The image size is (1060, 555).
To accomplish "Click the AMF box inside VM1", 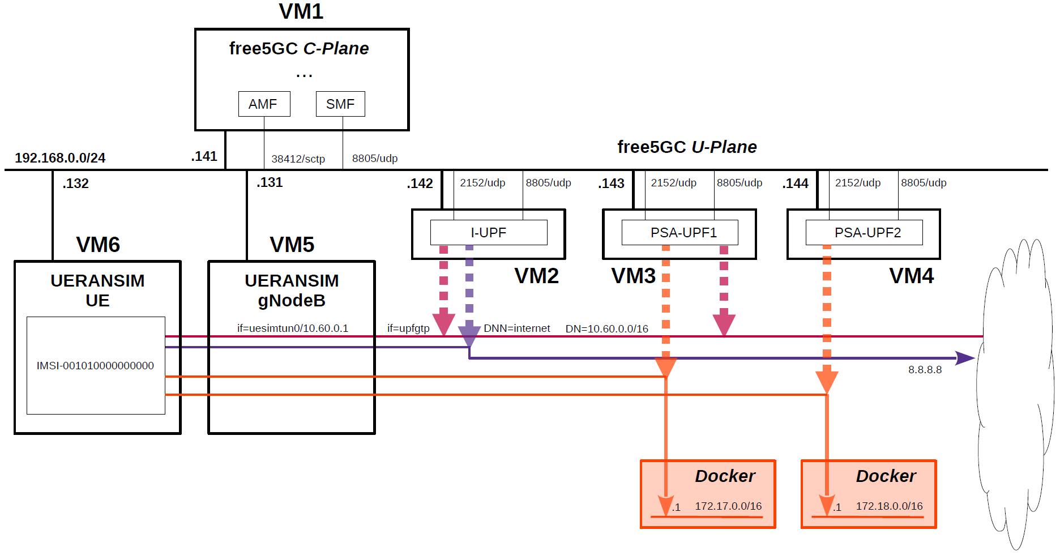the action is [x=264, y=104].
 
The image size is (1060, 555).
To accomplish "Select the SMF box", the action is [x=340, y=104].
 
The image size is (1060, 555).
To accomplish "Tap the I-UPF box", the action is [x=488, y=233].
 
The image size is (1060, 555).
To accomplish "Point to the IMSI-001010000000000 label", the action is [x=95, y=366].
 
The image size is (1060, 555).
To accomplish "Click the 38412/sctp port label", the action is [x=298, y=159].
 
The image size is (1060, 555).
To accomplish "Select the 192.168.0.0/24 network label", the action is [x=60, y=158].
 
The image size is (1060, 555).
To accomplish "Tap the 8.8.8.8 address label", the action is [x=925, y=370].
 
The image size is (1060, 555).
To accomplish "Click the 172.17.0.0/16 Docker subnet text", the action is [x=728, y=506].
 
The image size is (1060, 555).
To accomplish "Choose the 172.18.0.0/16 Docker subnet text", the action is [x=889, y=506].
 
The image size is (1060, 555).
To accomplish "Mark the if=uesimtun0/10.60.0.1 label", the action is [x=293, y=328].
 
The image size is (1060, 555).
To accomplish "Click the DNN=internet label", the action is [x=516, y=328].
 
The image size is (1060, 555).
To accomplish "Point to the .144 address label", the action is [x=796, y=183].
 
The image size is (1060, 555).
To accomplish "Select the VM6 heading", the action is [x=98, y=245].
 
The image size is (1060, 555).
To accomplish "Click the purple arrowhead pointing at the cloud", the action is [x=965, y=358].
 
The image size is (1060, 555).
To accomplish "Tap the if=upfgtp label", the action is [x=408, y=328].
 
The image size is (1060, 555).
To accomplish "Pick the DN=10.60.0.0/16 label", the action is [x=606, y=329].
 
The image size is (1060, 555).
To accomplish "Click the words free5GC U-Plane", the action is [x=687, y=147].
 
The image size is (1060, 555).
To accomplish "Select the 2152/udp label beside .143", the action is [x=673, y=183].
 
